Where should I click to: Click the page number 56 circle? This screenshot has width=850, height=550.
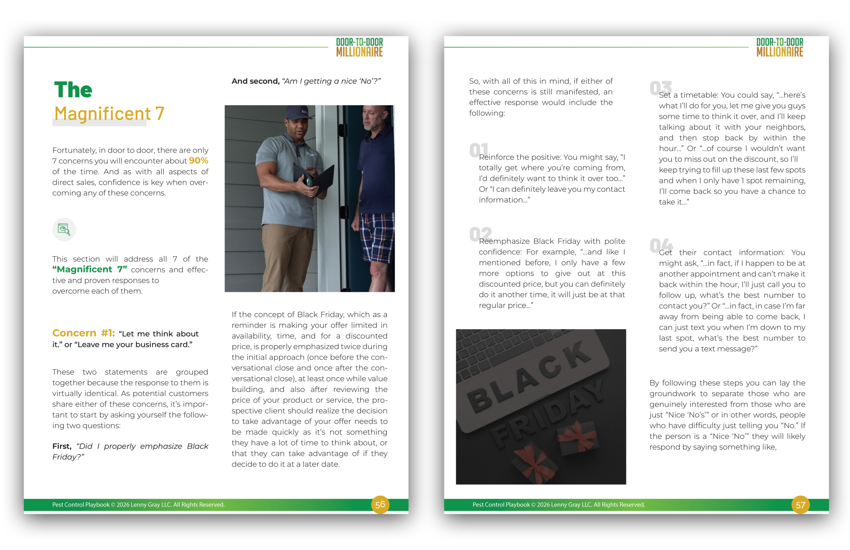(380, 504)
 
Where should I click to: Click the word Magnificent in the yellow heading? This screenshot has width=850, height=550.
(103, 114)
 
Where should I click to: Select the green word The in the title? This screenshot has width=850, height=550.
(73, 90)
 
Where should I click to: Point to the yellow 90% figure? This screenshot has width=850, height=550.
(199, 161)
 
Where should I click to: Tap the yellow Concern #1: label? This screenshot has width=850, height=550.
(84, 333)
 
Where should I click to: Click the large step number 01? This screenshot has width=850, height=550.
(479, 150)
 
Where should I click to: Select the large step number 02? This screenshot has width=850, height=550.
(480, 234)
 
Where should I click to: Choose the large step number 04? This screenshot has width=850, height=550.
(661, 245)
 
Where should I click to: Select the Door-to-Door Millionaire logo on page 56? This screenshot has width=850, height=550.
(359, 47)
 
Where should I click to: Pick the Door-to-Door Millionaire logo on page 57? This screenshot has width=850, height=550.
(779, 47)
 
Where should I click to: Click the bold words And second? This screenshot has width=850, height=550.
(255, 81)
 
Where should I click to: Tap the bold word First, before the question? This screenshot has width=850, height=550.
(62, 446)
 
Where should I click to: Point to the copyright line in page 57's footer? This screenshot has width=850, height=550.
(558, 504)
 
